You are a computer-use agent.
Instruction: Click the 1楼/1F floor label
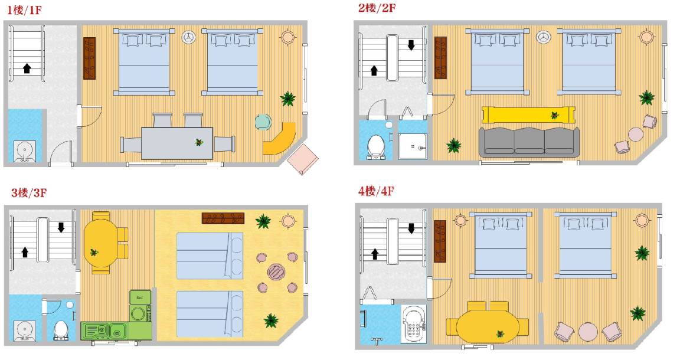24,10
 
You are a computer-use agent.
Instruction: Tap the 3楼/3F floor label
28,192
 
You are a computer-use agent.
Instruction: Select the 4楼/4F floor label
376,191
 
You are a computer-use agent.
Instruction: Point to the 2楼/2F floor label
377,7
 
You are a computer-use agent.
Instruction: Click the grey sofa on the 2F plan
529,142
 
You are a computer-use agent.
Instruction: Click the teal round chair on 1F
263,122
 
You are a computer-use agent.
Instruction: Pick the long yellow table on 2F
529,115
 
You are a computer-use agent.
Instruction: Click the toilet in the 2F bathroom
375,146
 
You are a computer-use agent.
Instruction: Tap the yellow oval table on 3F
100,243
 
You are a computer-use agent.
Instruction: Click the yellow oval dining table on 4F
488,326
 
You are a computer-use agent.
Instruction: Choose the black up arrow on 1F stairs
27,68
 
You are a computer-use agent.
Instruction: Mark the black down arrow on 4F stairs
411,228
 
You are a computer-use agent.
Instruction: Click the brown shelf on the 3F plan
223,218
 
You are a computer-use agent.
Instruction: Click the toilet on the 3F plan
60,330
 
